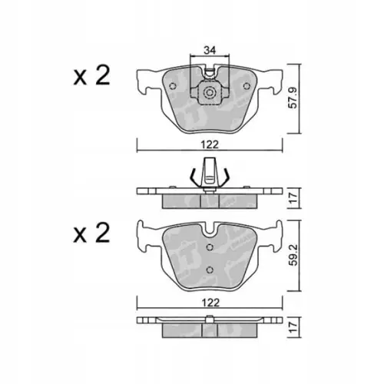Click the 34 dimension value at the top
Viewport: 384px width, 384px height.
210,50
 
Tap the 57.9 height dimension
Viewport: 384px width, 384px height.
293,98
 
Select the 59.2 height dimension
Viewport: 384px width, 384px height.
293,255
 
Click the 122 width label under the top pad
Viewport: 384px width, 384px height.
210,145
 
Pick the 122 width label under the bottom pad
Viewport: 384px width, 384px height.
210,303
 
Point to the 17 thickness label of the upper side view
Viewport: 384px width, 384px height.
293,198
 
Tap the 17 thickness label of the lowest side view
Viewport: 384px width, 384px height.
293,327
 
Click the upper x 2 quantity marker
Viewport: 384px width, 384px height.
91,75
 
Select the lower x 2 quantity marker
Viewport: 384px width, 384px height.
91,233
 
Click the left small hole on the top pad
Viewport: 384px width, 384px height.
173,86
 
